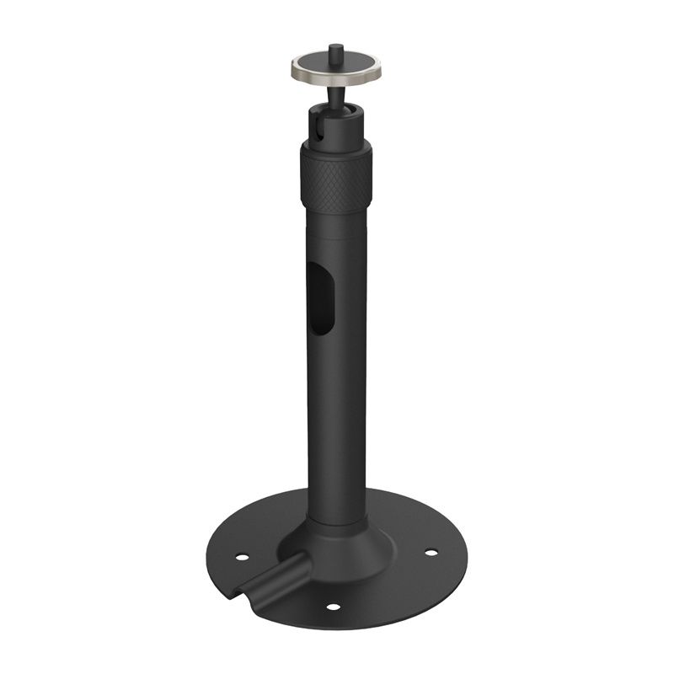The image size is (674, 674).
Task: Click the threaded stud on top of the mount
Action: coord(334,51)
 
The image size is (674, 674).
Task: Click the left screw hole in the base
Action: coord(242,557)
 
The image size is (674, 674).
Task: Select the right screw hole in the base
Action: coord(431,553)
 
